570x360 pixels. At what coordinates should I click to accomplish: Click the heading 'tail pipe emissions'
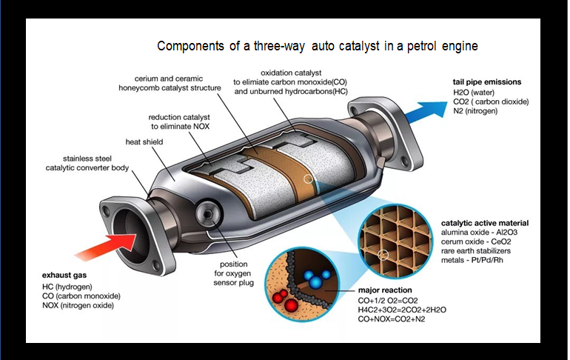click(487, 81)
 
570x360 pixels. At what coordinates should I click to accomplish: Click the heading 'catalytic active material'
click(485, 222)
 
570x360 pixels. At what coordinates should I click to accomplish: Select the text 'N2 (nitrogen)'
click(475, 110)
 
